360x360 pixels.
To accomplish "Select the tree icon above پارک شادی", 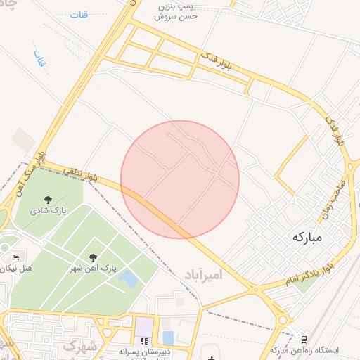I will (48, 200).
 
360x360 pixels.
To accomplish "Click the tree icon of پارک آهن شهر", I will (94, 257).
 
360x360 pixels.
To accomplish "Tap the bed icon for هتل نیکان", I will (16, 255).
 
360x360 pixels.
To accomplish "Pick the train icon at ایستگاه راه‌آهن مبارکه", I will (304, 338).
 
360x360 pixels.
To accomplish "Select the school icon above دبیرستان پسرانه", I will (144, 340).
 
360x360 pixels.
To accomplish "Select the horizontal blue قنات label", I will (79, 15).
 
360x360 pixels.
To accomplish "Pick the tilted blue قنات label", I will (39, 58).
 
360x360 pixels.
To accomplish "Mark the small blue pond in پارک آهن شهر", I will (128, 278).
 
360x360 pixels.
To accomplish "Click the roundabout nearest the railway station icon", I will (282, 321).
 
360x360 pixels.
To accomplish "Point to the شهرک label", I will (78, 345).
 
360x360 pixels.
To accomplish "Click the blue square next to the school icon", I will (167, 337).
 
